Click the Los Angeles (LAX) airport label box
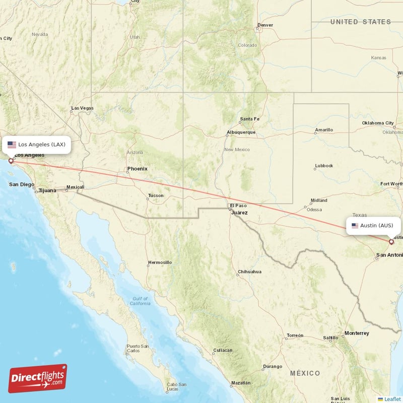click(36, 145)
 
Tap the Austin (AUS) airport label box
click(373, 225)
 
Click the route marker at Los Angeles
click(11, 161)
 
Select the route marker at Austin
click(391, 242)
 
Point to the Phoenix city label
click(137, 169)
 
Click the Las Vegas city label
click(82, 108)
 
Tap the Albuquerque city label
click(241, 132)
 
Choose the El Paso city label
click(238, 206)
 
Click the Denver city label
click(265, 25)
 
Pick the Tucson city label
click(156, 195)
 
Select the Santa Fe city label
click(249, 119)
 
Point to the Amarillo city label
click(324, 129)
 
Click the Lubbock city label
click(324, 165)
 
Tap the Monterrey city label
click(357, 333)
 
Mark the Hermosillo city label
click(160, 262)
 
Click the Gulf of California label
click(140, 301)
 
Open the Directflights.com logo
click(38, 378)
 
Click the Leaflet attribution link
click(392, 399)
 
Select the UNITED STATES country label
click(360, 22)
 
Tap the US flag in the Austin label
click(355, 225)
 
